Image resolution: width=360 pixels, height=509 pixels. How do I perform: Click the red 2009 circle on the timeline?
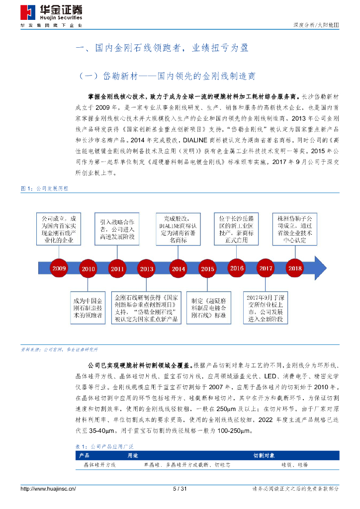coord(59,268)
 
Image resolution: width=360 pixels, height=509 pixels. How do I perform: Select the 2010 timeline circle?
coord(88,269)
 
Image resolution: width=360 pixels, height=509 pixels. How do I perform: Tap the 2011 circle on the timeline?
coord(117,269)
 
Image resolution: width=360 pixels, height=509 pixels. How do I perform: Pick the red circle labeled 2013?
coord(147,269)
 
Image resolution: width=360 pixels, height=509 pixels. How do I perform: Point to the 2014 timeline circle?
coord(178,269)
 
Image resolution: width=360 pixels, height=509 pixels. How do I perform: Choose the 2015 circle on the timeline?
coord(207,269)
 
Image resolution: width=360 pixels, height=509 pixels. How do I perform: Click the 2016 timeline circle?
coord(237,268)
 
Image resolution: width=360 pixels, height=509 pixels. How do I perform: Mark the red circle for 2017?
coord(266,268)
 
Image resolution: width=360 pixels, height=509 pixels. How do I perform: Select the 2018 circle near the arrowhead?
coord(295,268)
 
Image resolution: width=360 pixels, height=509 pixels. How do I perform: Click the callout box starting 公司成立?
coord(58,229)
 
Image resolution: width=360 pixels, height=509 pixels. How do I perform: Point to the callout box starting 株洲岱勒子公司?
coord(293,229)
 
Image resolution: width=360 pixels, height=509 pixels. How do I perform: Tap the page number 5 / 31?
coord(180,489)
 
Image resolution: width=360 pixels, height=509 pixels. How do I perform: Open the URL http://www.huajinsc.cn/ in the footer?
coord(48,489)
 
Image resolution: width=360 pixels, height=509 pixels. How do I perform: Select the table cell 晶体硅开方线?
coord(99,464)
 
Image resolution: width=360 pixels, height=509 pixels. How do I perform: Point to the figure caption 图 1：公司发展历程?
coord(44,188)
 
